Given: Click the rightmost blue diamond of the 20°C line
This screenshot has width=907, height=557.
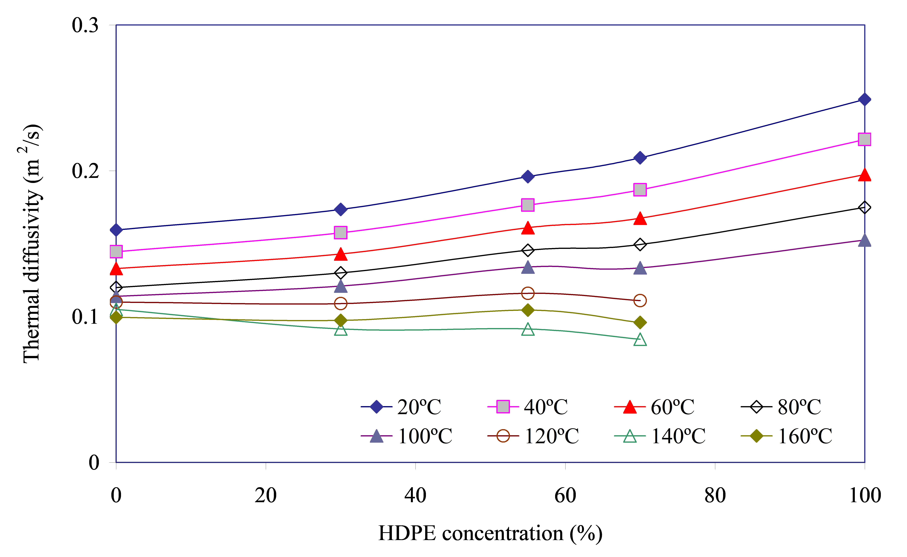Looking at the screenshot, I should (x=864, y=99).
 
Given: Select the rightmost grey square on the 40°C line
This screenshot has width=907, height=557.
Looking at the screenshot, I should (x=864, y=139).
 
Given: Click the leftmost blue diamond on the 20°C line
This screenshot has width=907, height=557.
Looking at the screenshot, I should (x=116, y=230).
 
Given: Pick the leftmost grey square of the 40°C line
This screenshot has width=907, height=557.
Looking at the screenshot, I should (x=116, y=252).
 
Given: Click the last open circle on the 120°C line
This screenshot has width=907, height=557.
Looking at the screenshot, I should (x=640, y=301).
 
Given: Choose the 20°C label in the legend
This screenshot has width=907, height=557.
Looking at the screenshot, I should (x=419, y=407).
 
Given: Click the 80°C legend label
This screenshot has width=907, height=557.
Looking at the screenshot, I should (x=799, y=407).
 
